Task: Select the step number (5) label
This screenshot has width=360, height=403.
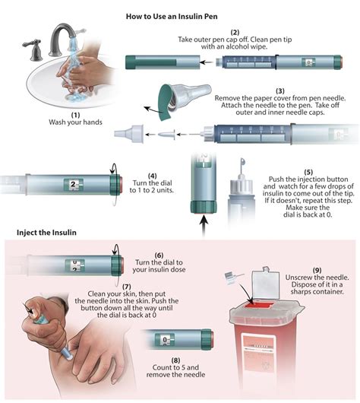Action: coord(308,172)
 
